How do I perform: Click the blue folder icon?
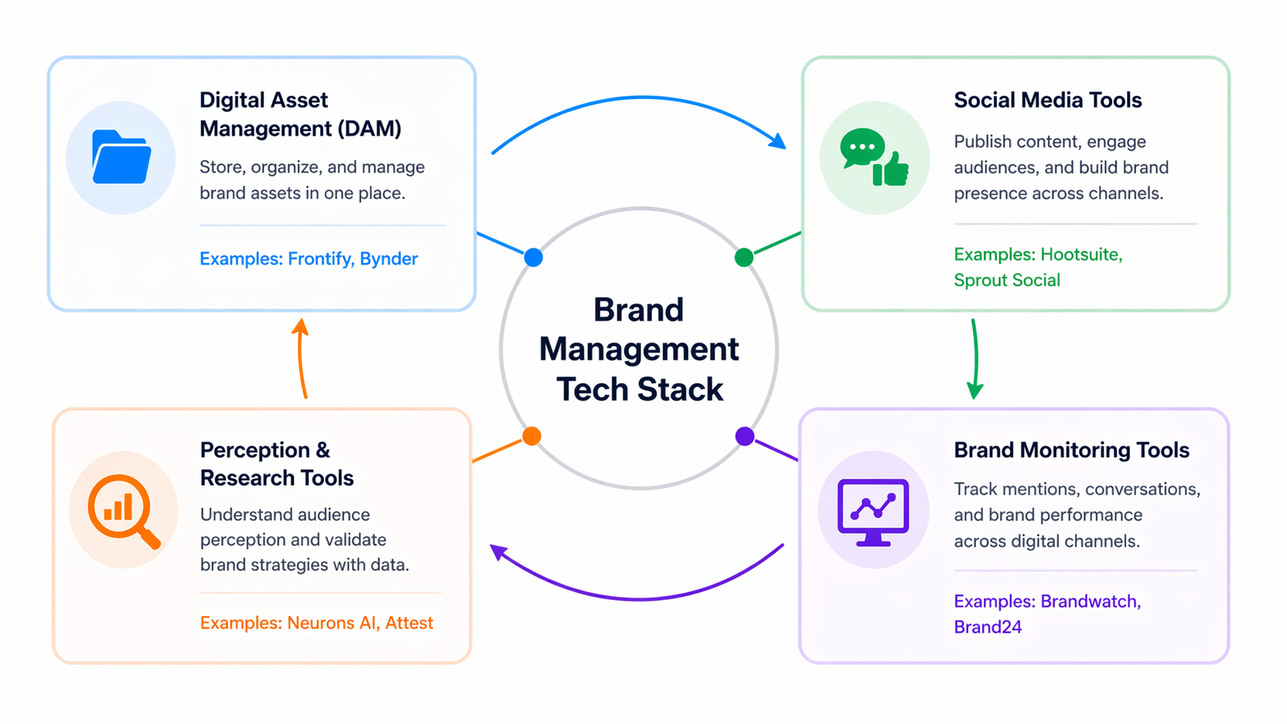(x=121, y=158)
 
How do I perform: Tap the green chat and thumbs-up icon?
(x=874, y=158)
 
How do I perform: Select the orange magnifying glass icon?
(x=122, y=510)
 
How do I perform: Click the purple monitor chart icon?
(x=873, y=511)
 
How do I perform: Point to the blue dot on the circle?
(x=533, y=257)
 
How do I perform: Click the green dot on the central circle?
(x=744, y=257)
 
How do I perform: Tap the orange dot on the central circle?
(x=532, y=436)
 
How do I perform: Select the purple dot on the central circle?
(x=744, y=436)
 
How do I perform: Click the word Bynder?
(x=389, y=259)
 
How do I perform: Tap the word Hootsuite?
(x=1081, y=255)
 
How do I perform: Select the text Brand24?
(x=988, y=627)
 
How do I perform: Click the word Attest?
(x=409, y=622)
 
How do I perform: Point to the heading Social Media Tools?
(x=1048, y=100)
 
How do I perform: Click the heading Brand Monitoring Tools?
(x=1071, y=450)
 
